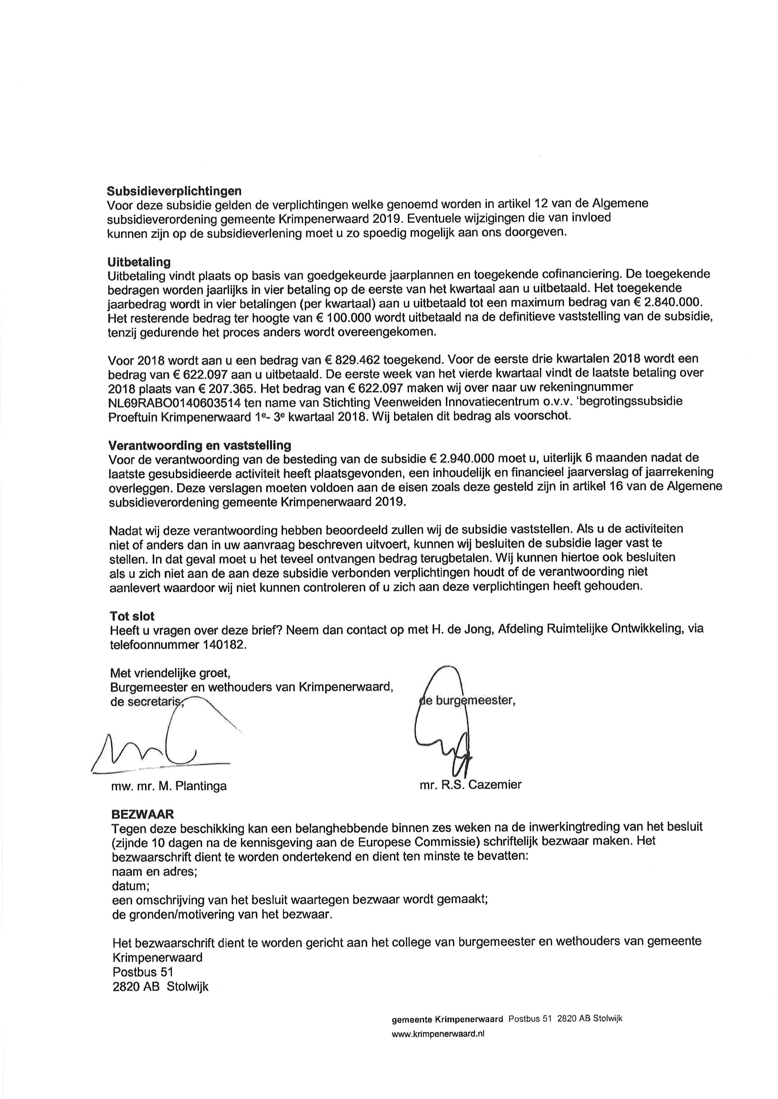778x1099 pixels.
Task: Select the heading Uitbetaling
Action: coord(139,262)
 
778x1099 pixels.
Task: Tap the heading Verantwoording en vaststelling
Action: coord(200,445)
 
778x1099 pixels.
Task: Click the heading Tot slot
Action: coord(132,616)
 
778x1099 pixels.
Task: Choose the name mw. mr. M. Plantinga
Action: coord(169,786)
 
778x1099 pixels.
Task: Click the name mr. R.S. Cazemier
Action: coord(471,784)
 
